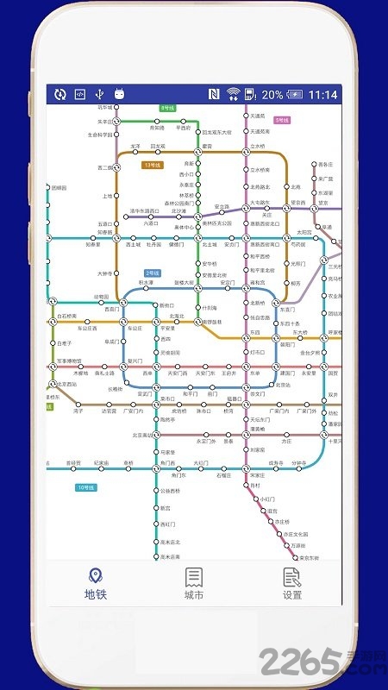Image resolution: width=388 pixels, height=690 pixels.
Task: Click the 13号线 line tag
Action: (153, 164)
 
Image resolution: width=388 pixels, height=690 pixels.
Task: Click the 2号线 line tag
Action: (153, 273)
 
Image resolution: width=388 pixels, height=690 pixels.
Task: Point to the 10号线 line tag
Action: (85, 488)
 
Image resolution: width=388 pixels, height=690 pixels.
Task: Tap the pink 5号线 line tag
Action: (282, 120)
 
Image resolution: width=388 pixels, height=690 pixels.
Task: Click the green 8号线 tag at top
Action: (167, 108)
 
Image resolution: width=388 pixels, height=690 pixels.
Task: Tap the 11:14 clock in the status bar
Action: (322, 95)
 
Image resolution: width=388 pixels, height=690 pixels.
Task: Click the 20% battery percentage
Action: (272, 95)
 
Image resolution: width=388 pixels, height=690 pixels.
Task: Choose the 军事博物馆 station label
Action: (69, 361)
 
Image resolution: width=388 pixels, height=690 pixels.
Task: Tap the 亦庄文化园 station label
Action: (296, 535)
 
